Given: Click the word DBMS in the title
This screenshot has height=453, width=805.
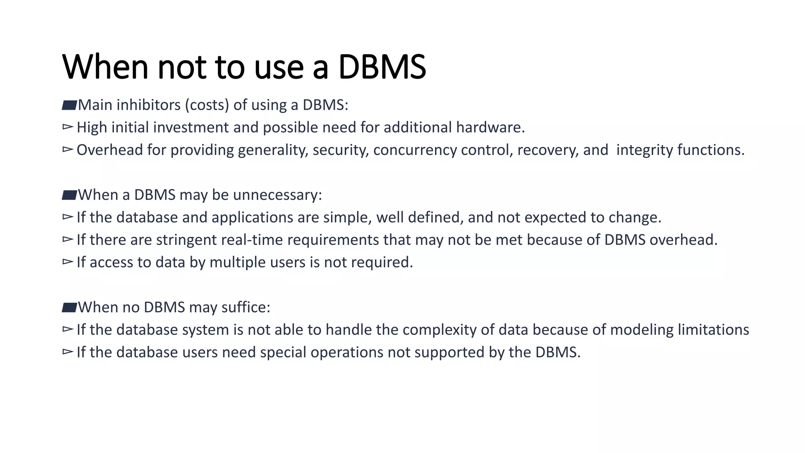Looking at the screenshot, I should (x=382, y=67).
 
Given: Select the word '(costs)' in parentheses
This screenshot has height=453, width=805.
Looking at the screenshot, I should (x=207, y=105).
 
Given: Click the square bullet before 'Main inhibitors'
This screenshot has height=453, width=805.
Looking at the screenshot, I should (x=69, y=105).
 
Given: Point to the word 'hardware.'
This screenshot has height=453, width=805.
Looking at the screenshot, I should (x=491, y=127).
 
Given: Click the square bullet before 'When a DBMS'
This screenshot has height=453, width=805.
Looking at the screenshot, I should (x=69, y=195).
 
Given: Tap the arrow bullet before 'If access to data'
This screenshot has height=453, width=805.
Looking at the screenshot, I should (x=68, y=261).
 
